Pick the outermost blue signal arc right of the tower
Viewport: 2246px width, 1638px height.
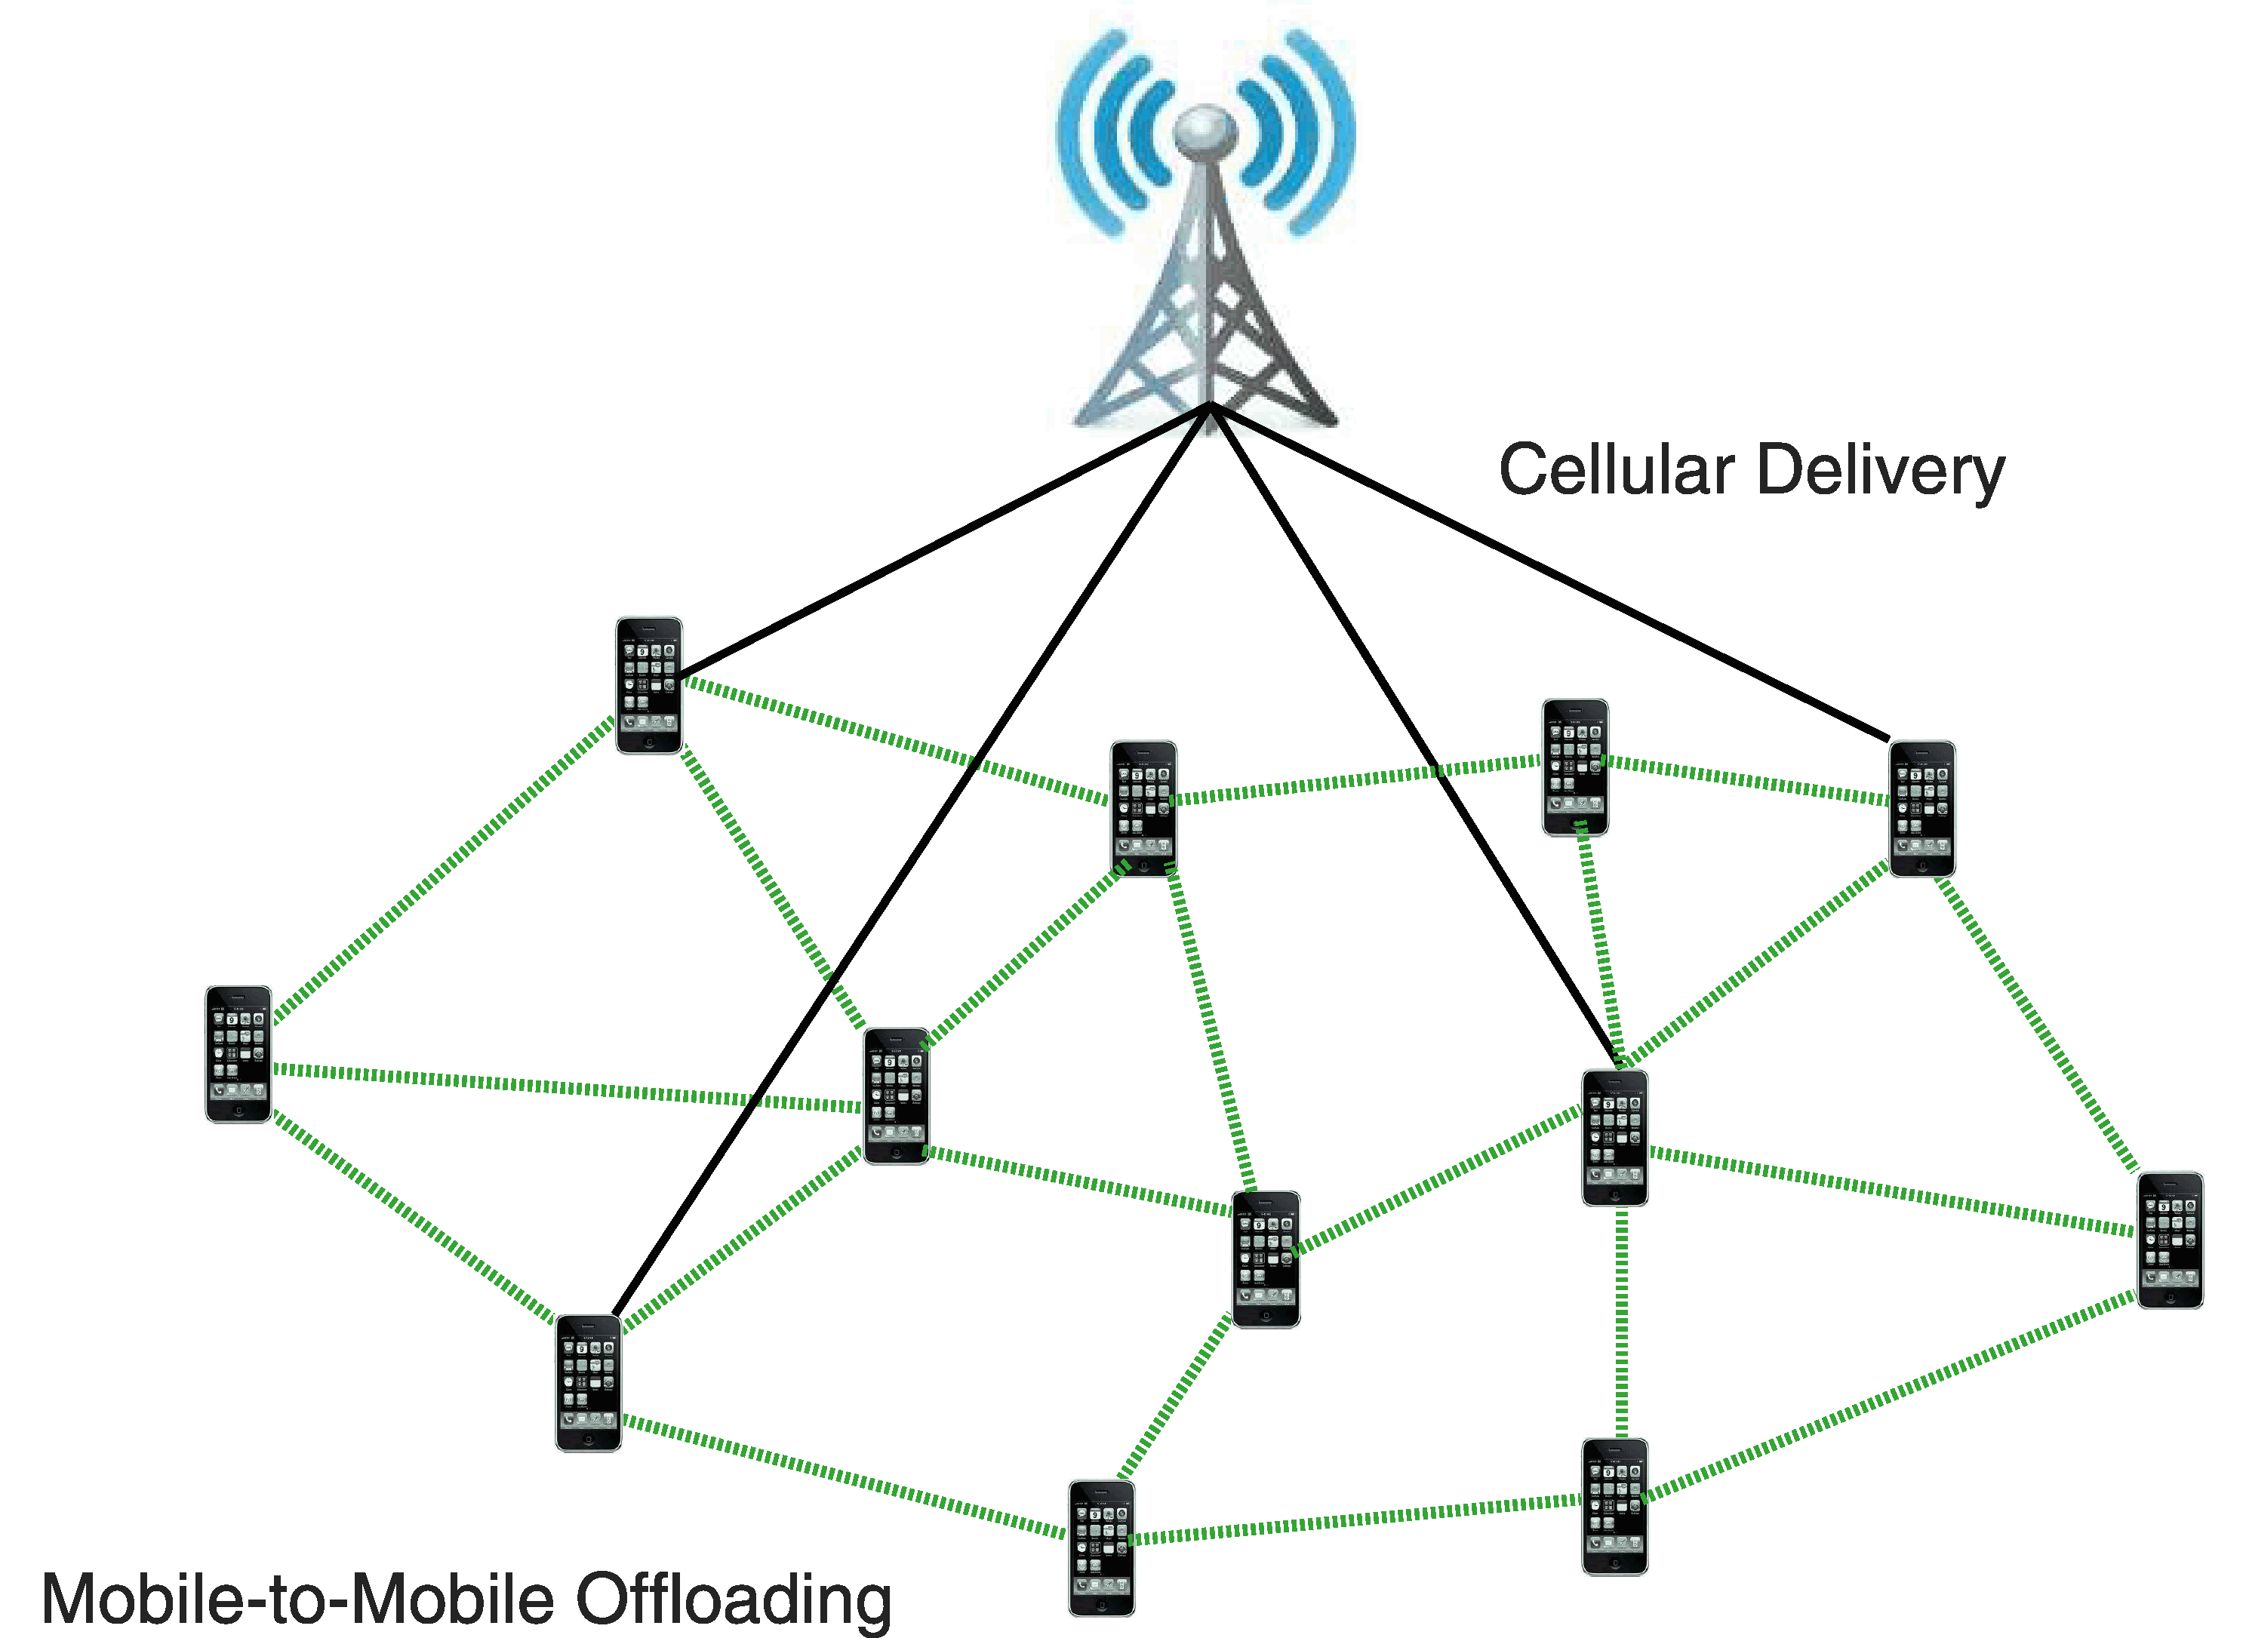[1339, 139]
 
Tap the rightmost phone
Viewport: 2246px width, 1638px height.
[2170, 1240]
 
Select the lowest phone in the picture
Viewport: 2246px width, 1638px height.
[1100, 1547]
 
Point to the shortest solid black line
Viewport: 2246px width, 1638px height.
[942, 540]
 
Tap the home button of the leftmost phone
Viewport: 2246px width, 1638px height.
[238, 1112]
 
